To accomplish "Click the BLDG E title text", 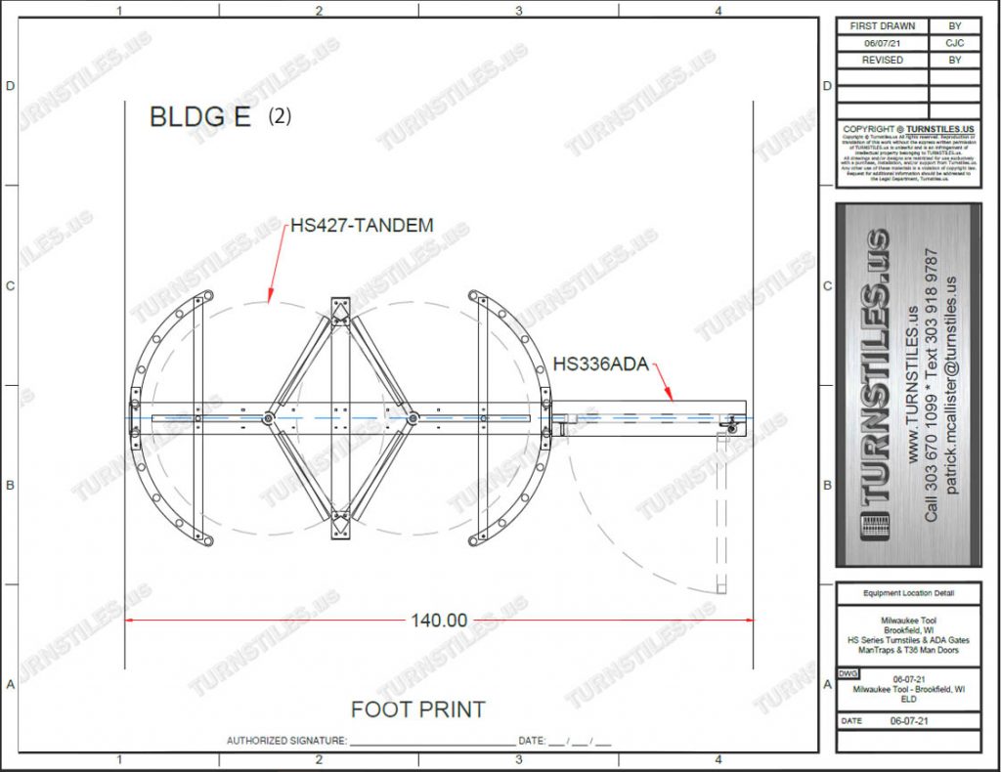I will (199, 117).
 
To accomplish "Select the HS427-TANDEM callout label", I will (362, 226).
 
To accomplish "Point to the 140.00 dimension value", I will (438, 620).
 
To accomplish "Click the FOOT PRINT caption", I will (417, 709).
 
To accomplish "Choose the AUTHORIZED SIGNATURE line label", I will (286, 741).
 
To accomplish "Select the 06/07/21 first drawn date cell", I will (883, 43).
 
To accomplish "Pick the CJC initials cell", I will (955, 43).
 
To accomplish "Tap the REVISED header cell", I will (883, 60).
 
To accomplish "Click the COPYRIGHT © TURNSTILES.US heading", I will (908, 129).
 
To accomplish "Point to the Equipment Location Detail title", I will (908, 593).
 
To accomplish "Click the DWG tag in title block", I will (847, 675).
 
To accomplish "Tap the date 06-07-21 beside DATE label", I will (908, 720).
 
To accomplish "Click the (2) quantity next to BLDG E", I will (280, 116).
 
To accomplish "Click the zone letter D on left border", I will (11, 86).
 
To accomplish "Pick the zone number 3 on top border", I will (518, 11).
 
